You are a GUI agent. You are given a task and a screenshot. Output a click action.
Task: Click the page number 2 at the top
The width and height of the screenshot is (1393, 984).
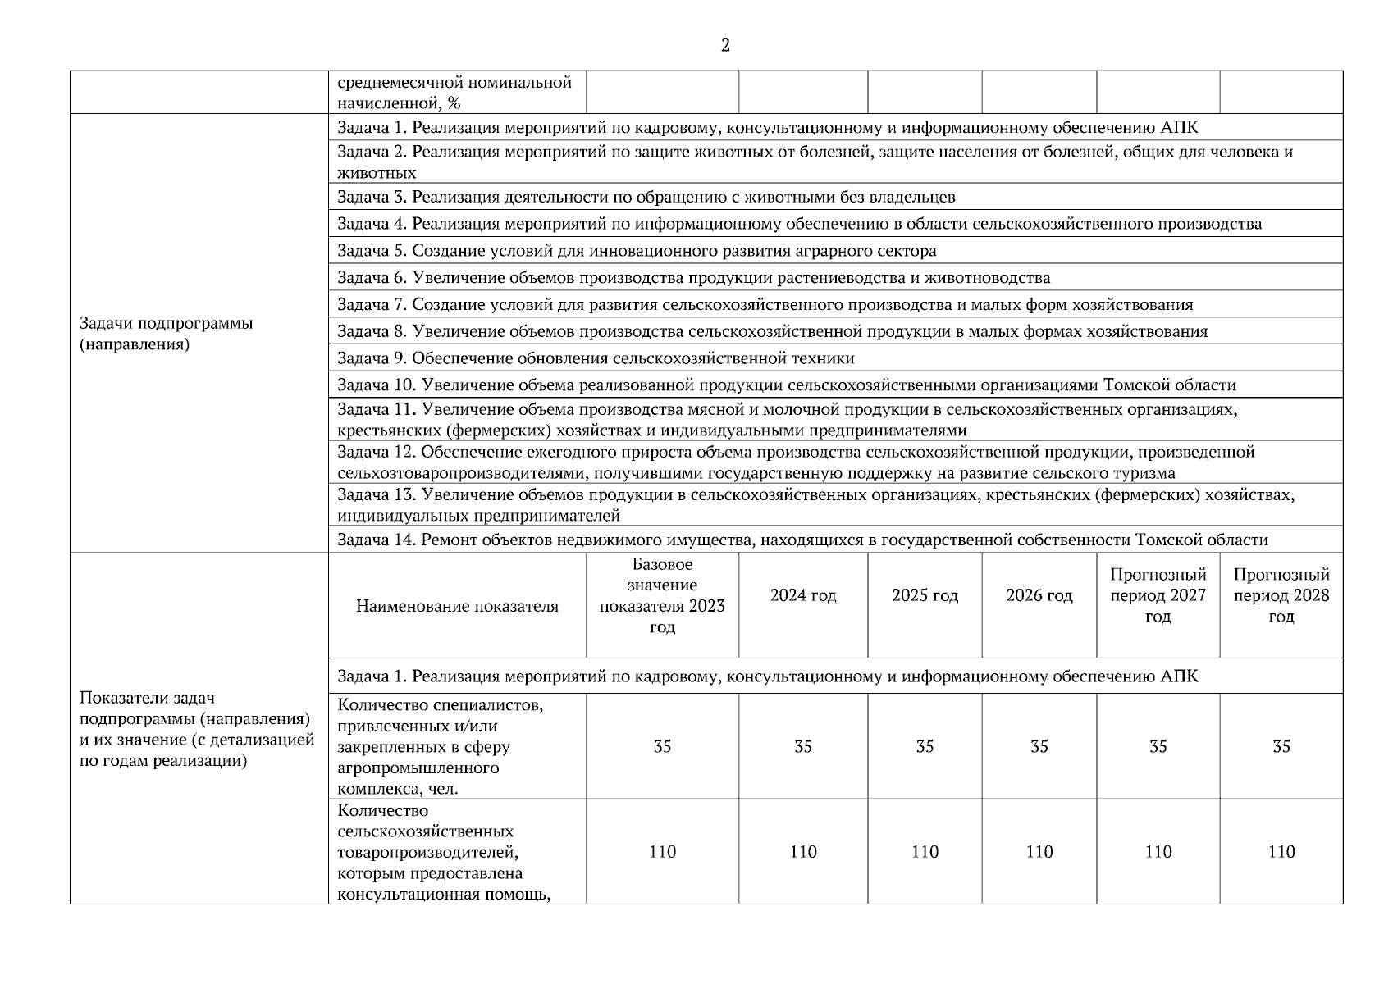point(725,46)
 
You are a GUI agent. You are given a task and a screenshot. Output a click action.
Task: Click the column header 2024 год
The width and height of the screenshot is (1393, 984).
point(802,596)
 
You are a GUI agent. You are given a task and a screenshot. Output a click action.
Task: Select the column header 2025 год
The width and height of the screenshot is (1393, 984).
point(925,596)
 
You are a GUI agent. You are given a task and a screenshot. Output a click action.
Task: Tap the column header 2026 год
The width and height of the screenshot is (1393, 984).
point(1039,596)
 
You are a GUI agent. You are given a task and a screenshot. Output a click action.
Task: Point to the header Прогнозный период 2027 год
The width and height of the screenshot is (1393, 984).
point(1158,596)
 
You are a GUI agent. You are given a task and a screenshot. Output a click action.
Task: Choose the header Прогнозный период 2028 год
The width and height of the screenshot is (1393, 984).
point(1281,596)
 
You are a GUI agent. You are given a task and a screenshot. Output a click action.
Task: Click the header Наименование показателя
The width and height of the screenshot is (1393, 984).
point(457,607)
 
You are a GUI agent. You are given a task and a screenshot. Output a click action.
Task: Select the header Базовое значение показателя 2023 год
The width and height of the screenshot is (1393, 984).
point(662,596)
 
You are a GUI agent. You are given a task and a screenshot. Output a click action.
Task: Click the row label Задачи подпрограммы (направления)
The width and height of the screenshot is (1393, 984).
point(167,334)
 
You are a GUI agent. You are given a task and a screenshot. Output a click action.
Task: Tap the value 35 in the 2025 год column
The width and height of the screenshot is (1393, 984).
point(925,747)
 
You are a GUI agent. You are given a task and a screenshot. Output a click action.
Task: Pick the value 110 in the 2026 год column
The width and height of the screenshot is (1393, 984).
point(1039,852)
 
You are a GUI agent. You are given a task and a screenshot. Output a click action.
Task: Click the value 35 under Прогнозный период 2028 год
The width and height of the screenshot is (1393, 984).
point(1281,747)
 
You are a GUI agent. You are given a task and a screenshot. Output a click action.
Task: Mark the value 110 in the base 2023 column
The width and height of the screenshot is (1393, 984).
point(662,852)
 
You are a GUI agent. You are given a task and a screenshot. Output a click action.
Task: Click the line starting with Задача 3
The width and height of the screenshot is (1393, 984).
point(646,198)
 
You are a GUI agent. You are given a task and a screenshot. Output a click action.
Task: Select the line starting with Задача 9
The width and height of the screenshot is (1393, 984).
point(596,358)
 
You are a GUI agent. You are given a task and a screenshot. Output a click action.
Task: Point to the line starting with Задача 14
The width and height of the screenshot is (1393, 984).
point(802,540)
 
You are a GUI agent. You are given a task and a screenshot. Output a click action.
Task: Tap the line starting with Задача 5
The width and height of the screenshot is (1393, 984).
point(637,251)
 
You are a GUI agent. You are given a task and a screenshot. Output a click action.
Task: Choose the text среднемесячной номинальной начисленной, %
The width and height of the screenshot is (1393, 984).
point(454,93)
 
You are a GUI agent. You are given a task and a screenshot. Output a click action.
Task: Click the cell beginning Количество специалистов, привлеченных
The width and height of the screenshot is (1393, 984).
point(440,747)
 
